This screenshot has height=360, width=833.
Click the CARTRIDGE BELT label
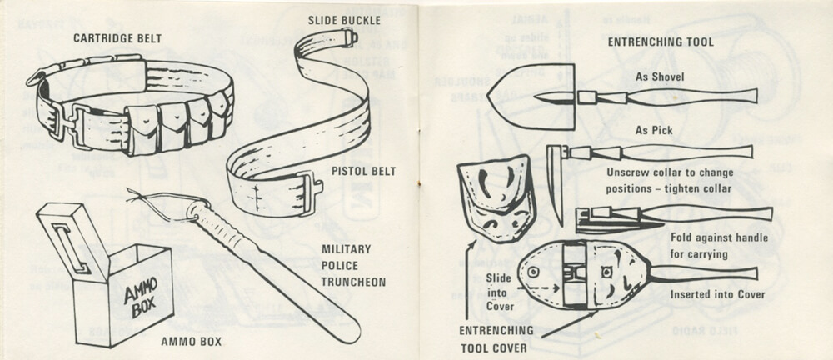click(x=117, y=37)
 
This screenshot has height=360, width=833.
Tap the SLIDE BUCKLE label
click(x=344, y=18)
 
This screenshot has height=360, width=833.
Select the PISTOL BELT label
click(x=363, y=172)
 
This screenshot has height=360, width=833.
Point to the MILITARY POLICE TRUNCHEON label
click(x=353, y=265)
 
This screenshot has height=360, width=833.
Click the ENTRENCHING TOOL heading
click(x=660, y=42)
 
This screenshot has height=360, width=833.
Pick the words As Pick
click(x=653, y=131)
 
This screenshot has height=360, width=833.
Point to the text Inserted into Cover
click(x=718, y=294)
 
